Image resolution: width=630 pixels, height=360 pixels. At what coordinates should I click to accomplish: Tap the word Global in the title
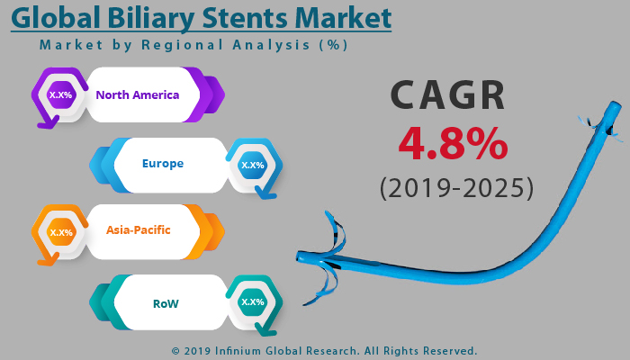(57, 18)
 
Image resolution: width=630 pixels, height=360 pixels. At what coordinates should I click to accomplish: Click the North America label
(138, 94)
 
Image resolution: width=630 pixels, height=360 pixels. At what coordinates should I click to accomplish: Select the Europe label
(163, 164)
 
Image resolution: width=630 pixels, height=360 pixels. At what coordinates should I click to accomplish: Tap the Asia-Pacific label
(139, 229)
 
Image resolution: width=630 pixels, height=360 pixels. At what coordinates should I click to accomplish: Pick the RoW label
(166, 303)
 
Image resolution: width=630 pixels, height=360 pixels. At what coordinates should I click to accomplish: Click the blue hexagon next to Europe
(252, 165)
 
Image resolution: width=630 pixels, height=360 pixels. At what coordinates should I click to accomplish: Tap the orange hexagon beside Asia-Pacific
(61, 232)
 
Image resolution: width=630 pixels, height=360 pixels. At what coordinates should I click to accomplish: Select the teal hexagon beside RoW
(252, 302)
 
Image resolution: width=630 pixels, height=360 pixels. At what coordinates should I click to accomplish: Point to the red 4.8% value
(453, 143)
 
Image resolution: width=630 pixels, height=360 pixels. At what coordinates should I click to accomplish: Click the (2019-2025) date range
(455, 188)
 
